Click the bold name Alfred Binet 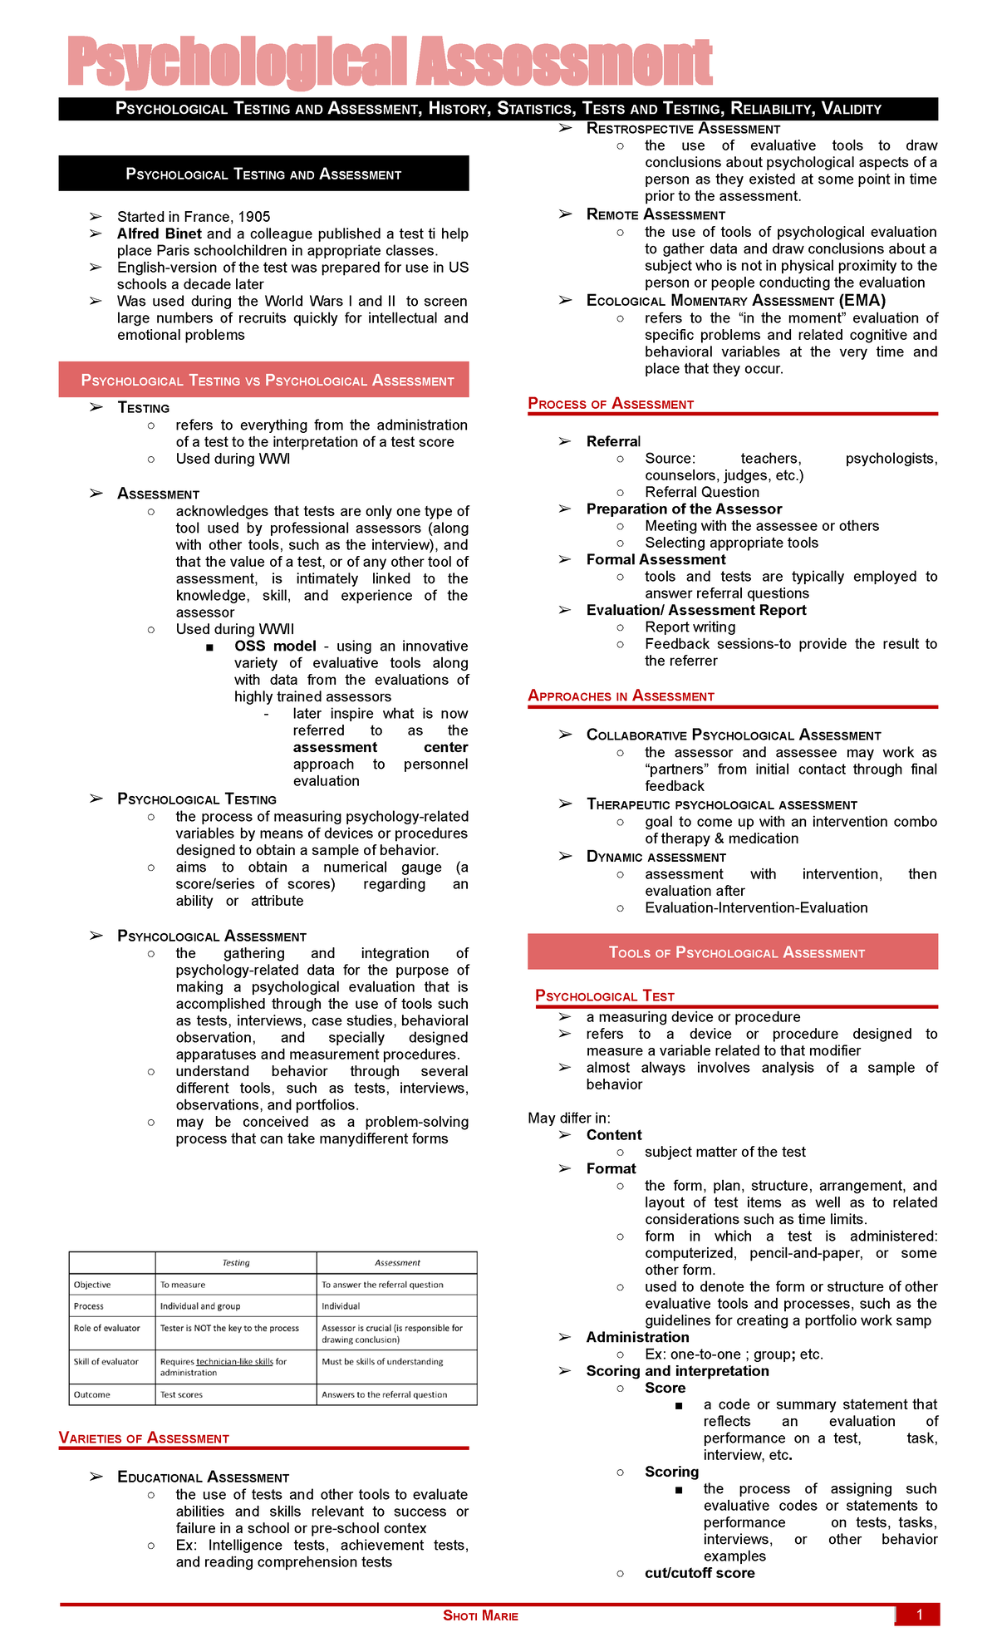(159, 234)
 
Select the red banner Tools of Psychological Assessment (736, 953)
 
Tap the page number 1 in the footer (920, 1615)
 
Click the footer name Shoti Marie (480, 1615)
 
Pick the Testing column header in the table (236, 1263)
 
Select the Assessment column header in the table (397, 1263)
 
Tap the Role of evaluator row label (107, 1329)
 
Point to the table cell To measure (183, 1286)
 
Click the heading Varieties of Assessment (144, 1438)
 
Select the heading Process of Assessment (611, 404)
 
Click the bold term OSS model (275, 646)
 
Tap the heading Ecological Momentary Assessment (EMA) (735, 301)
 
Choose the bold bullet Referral (613, 441)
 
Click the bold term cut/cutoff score (700, 1573)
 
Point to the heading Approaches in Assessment (621, 696)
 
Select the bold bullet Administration (637, 1337)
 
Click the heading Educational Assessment (203, 1477)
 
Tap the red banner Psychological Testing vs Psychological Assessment (267, 381)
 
